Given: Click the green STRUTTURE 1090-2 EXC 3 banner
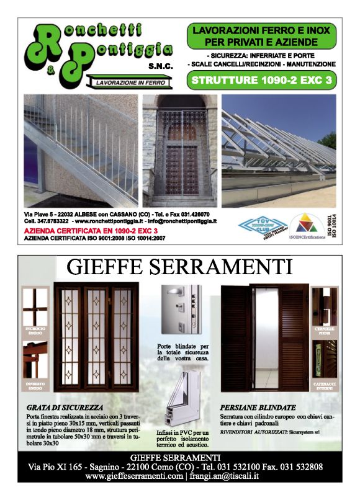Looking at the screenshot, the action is (x=261, y=79).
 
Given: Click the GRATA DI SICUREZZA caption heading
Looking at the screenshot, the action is (x=65, y=408).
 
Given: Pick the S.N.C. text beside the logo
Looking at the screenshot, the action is (x=161, y=65).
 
